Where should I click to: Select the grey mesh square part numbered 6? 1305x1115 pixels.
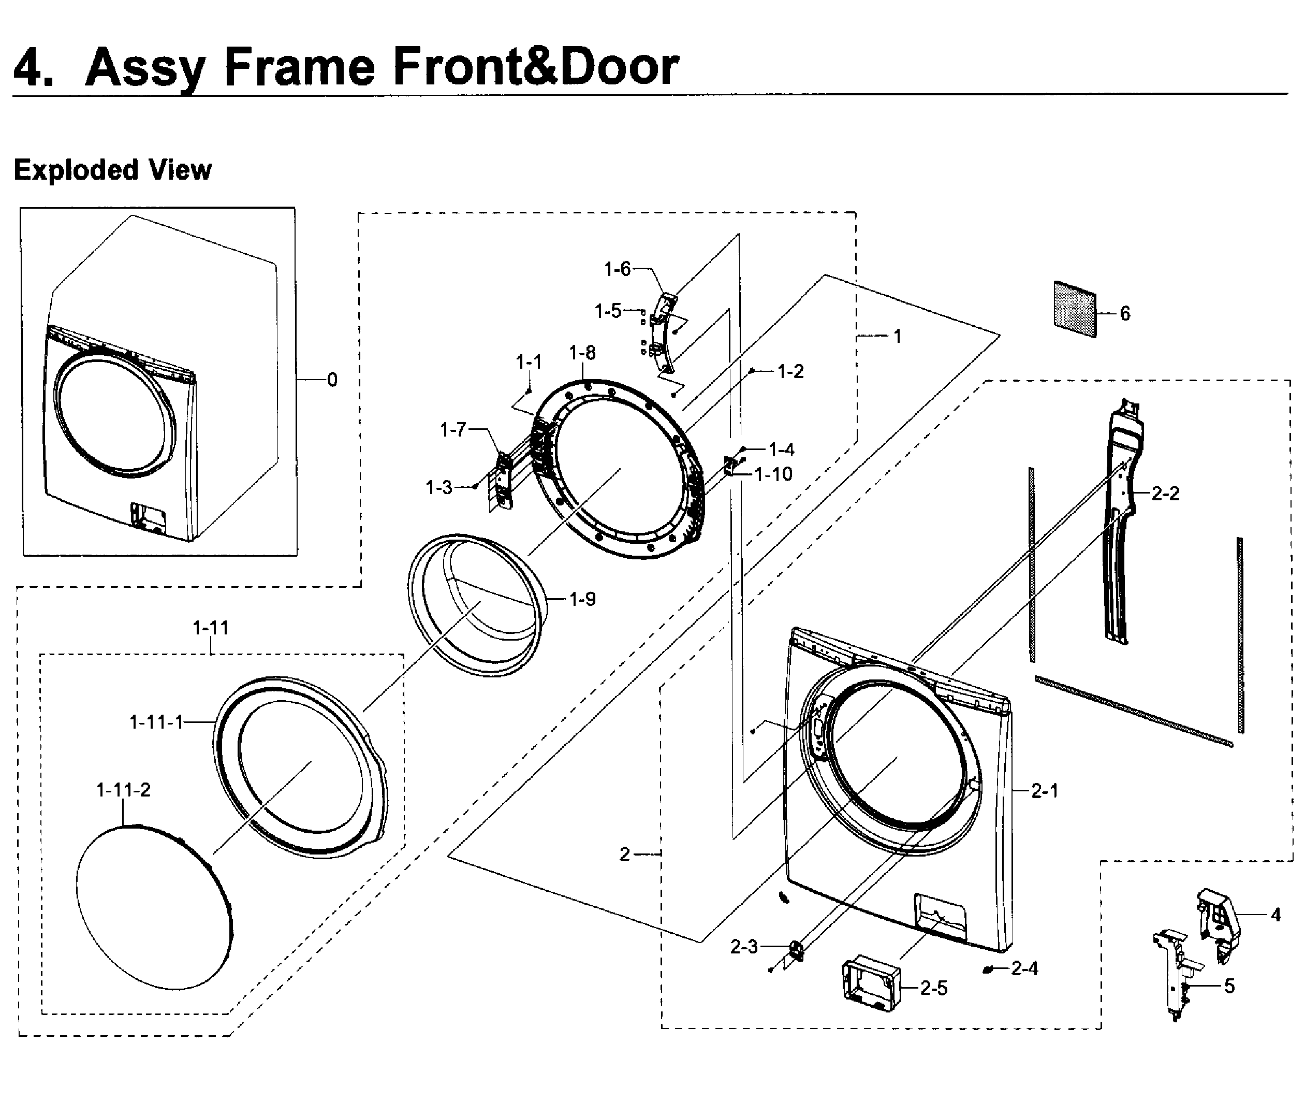tap(1075, 309)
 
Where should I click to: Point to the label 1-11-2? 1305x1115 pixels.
tap(123, 790)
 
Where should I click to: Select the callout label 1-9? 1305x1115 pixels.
tap(582, 599)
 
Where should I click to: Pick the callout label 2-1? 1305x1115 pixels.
tap(1045, 791)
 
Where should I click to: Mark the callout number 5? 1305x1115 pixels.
tap(1229, 987)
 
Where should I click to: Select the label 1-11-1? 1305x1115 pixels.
tap(156, 722)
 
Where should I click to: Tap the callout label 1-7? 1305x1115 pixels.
tap(452, 430)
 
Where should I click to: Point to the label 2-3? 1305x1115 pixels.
tap(744, 947)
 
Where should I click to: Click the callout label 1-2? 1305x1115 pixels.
tap(790, 372)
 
